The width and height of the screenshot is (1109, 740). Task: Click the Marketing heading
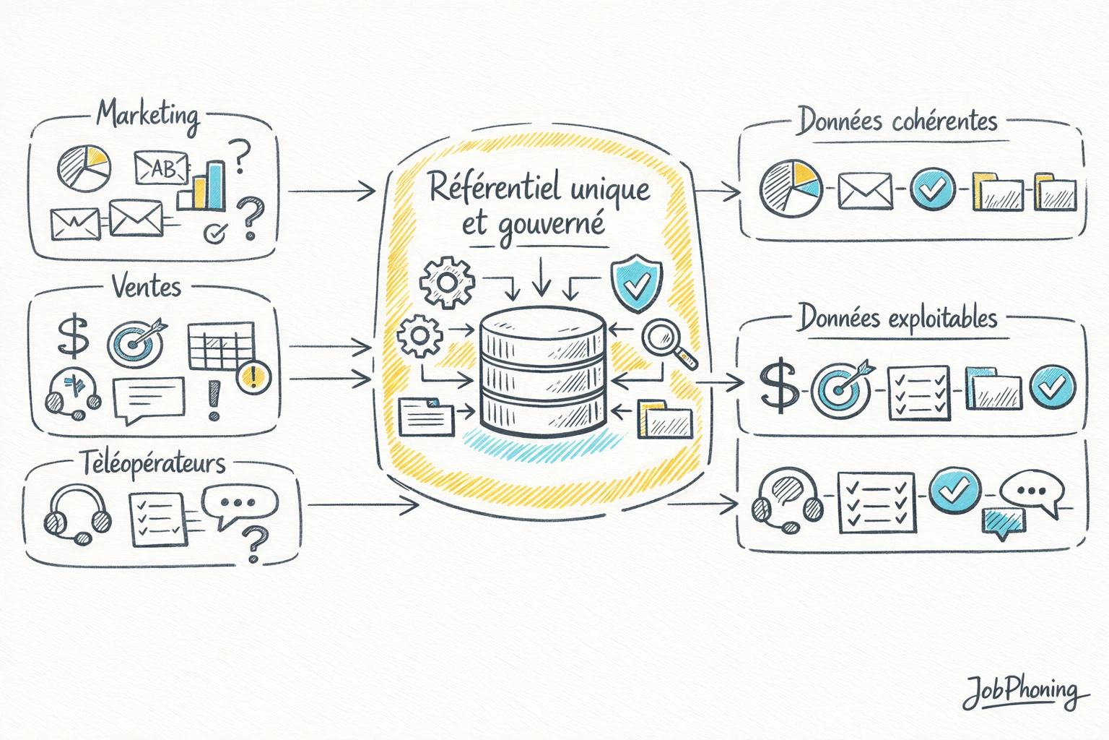click(x=148, y=116)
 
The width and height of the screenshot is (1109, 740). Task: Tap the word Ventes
click(x=147, y=287)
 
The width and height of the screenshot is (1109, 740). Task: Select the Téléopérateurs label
click(x=152, y=462)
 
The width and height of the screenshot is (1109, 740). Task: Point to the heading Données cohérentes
click(x=897, y=121)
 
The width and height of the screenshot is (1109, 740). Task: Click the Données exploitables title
click(x=897, y=318)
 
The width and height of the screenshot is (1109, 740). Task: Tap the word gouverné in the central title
click(x=551, y=224)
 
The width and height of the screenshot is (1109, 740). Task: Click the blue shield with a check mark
click(x=636, y=285)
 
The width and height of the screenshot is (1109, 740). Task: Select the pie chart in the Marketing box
click(x=84, y=168)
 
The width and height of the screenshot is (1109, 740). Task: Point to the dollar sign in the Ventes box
click(x=73, y=337)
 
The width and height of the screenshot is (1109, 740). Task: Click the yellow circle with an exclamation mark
click(x=253, y=377)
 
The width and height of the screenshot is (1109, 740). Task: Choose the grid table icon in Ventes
click(x=219, y=345)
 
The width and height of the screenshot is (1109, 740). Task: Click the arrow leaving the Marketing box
click(x=331, y=192)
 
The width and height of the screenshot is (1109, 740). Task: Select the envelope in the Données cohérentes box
click(x=864, y=191)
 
